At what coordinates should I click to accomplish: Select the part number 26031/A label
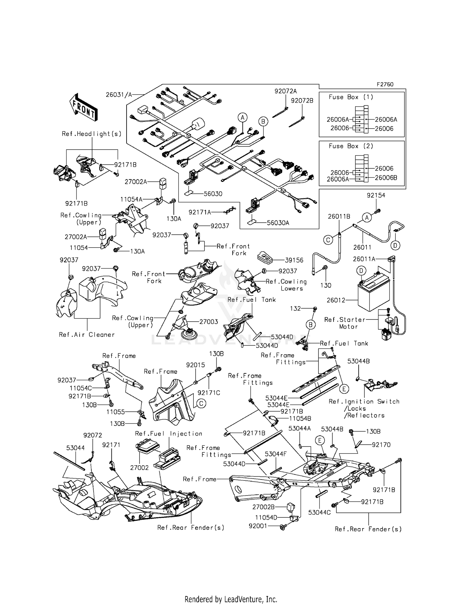[x=119, y=95]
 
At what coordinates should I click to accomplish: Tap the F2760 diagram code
[x=385, y=84]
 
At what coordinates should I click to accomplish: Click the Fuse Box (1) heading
[x=351, y=97]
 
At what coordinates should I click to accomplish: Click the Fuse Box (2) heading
[x=351, y=146]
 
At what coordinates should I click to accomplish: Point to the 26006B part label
[x=386, y=178]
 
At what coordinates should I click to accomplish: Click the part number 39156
[x=294, y=260]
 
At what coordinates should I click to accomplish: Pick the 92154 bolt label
[x=376, y=195]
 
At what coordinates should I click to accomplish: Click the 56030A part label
[x=278, y=223]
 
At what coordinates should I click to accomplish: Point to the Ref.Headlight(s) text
[x=91, y=134]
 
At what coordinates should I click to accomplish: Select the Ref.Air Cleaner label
[x=87, y=335]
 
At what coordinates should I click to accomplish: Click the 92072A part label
[x=286, y=91]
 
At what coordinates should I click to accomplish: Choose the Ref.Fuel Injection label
[x=168, y=434]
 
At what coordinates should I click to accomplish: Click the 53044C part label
[x=319, y=512]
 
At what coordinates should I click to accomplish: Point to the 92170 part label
[x=381, y=445]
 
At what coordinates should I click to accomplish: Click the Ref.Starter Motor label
[x=345, y=323]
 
